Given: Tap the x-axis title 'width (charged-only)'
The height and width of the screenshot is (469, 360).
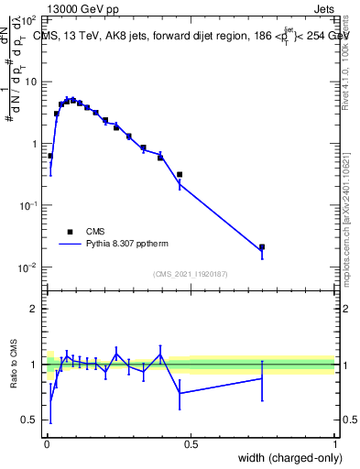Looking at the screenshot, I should point(285,457).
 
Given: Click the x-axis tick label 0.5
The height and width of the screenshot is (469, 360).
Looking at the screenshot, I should point(191,444).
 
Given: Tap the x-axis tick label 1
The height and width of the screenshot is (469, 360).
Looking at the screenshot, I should point(334,444).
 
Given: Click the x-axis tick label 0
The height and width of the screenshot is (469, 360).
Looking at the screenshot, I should point(47,444).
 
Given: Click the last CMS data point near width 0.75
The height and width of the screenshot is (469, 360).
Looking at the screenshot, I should point(262,246).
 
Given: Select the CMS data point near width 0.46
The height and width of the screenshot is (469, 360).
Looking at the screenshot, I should point(180,174).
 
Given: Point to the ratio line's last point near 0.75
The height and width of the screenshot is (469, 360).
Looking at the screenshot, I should point(262,377).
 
